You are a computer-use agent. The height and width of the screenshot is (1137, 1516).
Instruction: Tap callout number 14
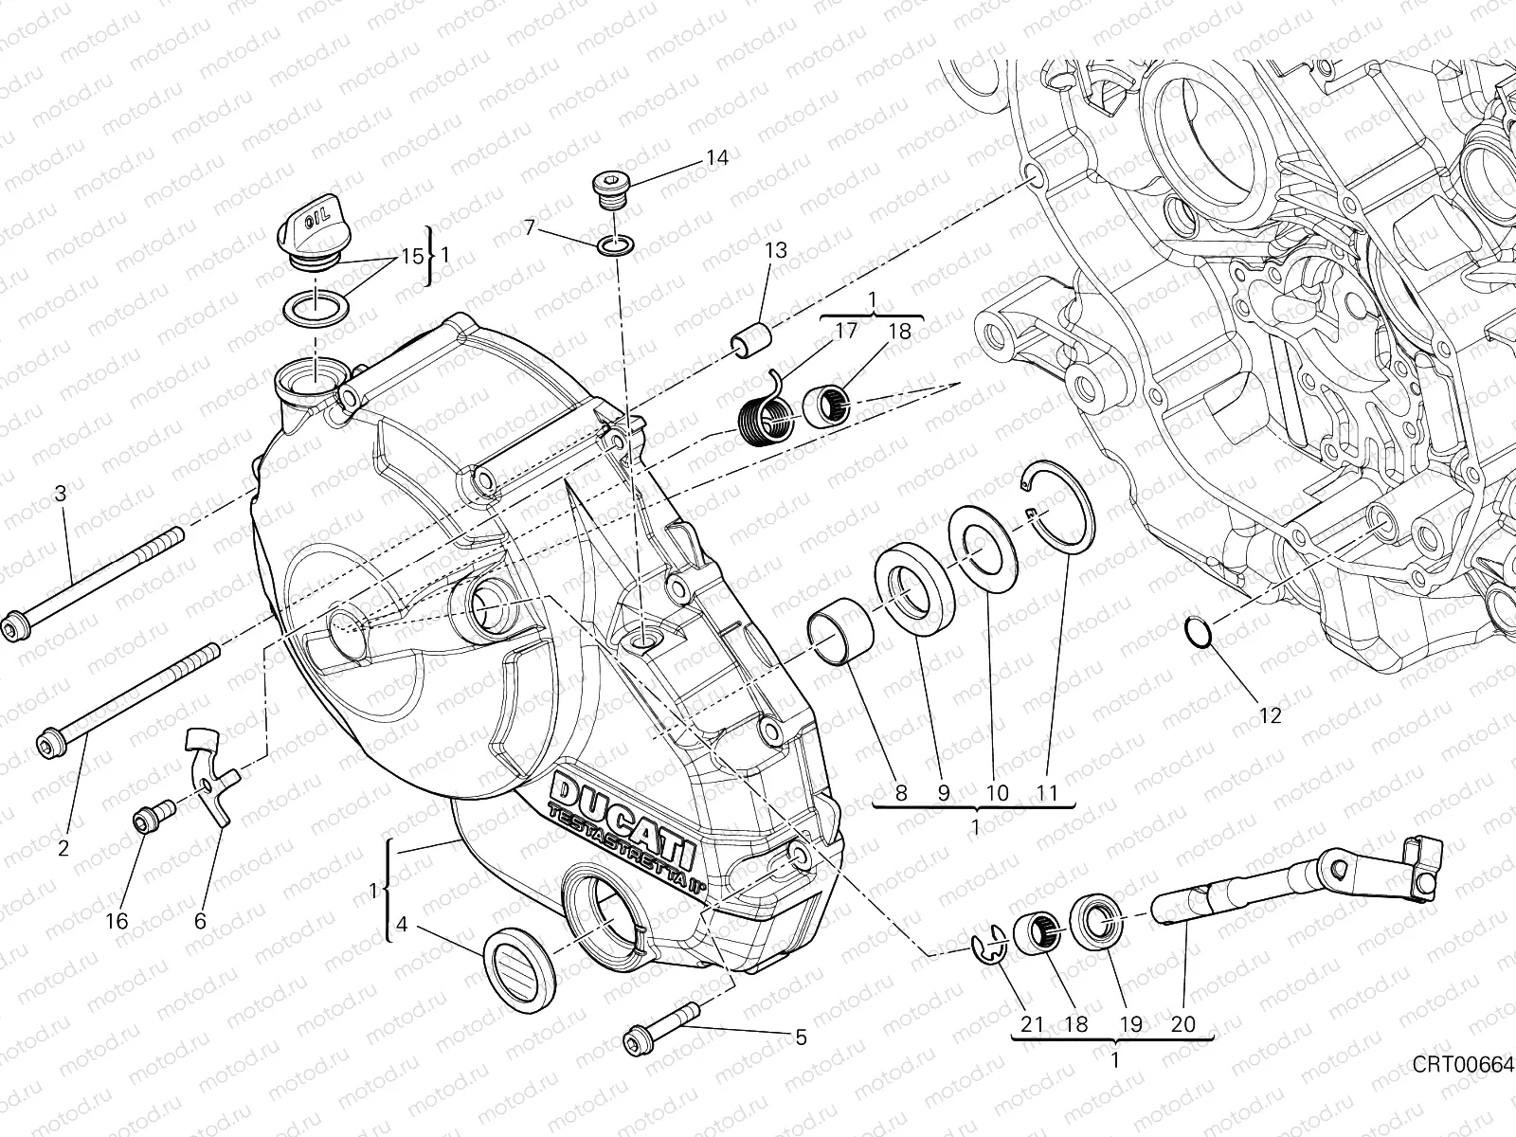click(x=717, y=157)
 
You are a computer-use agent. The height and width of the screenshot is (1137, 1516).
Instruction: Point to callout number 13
click(x=776, y=251)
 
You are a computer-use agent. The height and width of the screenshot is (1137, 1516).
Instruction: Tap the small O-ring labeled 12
click(x=1199, y=632)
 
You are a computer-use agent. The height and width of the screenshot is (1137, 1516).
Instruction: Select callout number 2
click(x=63, y=847)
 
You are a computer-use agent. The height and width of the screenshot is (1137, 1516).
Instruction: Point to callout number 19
click(x=1130, y=1023)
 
